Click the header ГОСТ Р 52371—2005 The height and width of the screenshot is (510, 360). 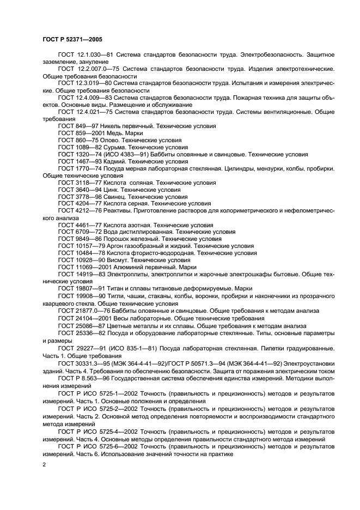tap(72, 39)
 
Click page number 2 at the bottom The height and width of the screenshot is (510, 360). tap(44, 464)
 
